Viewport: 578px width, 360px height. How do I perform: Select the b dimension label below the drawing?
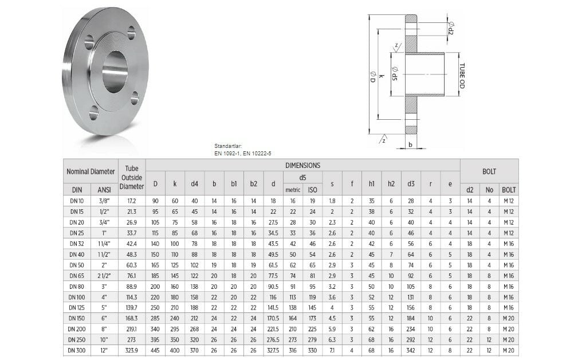click(x=411, y=145)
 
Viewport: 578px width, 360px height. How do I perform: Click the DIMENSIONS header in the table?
click(x=303, y=165)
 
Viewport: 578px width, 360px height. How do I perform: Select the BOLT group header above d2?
click(x=489, y=171)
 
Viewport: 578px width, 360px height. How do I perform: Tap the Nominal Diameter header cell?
click(x=91, y=171)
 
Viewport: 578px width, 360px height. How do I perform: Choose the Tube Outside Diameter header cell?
click(x=132, y=177)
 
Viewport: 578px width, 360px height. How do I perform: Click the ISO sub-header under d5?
click(x=312, y=190)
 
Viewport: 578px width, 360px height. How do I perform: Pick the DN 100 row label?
click(x=77, y=298)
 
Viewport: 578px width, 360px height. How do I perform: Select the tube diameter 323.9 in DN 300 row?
click(x=132, y=350)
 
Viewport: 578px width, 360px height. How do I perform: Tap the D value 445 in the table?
click(x=155, y=350)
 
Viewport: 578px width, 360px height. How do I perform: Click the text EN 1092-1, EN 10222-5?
click(x=243, y=153)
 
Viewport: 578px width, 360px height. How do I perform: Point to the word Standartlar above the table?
click(x=228, y=147)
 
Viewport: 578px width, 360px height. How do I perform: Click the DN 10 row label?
click(x=77, y=201)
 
